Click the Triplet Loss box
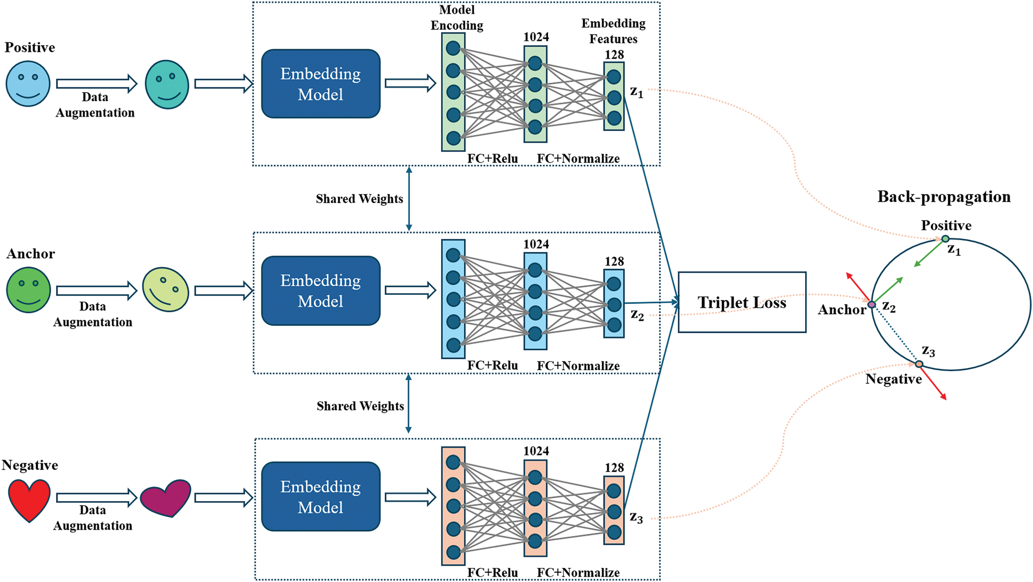742,302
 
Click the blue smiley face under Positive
28,84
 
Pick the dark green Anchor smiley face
29,290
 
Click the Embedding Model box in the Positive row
320,84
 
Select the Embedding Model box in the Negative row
320,496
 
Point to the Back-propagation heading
943,197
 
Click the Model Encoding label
457,18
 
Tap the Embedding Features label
613,31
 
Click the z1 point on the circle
945,239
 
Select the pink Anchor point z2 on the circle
871,305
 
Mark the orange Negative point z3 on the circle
919,364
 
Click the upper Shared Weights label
359,199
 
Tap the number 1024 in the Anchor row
536,244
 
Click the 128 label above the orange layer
614,468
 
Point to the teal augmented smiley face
167,84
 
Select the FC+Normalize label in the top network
578,159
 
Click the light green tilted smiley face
166,290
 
